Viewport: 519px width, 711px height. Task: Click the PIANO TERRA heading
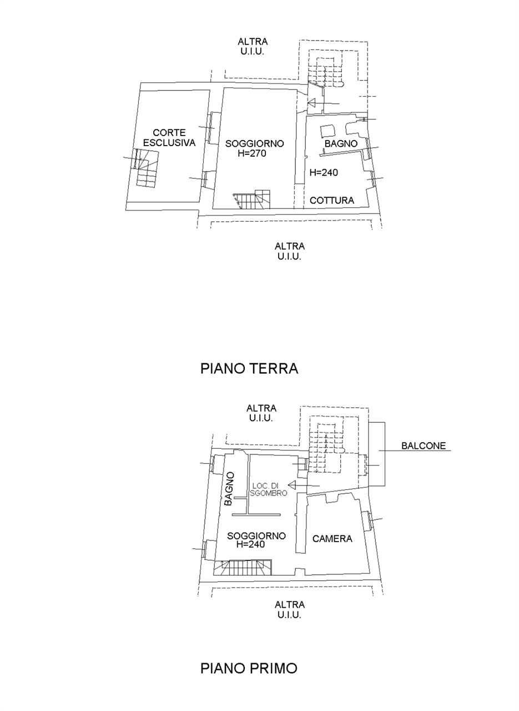(249, 368)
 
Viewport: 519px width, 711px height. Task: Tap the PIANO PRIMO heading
(249, 668)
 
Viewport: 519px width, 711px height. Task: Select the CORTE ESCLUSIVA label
(169, 137)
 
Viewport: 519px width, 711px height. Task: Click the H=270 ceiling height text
(252, 154)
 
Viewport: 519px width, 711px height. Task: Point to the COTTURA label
(332, 201)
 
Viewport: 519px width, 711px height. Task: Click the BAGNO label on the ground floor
(341, 143)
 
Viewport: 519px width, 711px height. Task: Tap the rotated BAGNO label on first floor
(229, 489)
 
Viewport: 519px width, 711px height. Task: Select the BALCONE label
(424, 445)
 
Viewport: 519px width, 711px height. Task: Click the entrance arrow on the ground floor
(324, 103)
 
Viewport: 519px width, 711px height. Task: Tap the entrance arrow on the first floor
(304, 485)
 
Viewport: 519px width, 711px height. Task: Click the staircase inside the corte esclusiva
(146, 167)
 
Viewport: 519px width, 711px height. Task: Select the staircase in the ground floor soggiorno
(251, 199)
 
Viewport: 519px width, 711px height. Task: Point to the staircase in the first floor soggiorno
(243, 568)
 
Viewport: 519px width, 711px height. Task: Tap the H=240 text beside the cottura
(324, 173)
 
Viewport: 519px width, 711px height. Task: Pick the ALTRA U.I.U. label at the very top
(253, 46)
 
